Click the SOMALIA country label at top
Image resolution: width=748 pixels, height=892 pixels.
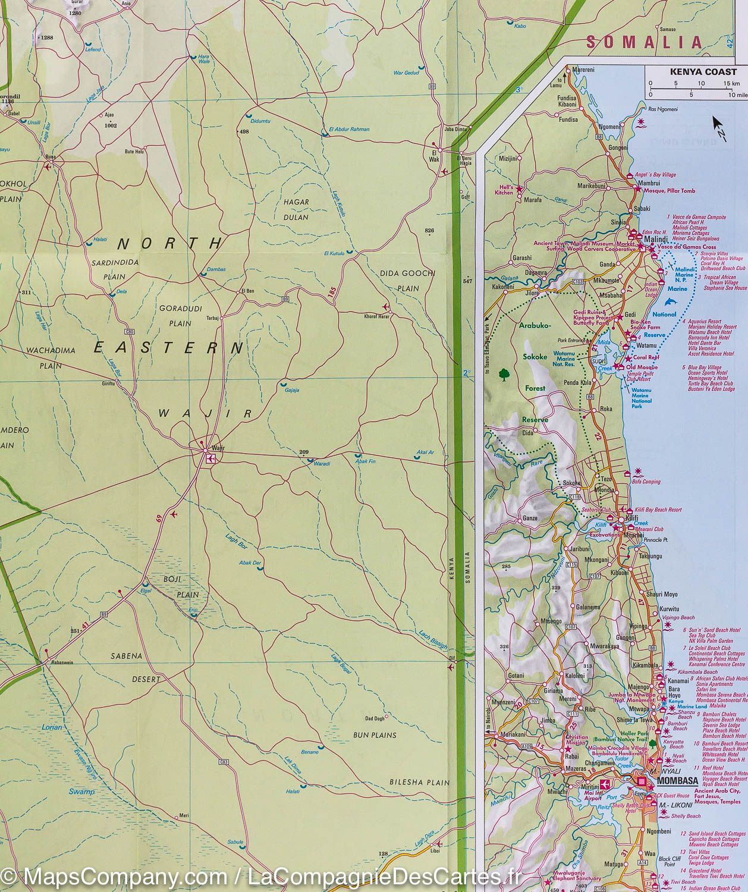point(644,42)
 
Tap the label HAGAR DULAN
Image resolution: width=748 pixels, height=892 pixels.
point(296,210)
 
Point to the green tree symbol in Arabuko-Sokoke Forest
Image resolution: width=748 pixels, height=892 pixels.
point(504,374)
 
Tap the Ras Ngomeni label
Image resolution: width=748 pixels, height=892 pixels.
point(662,108)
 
